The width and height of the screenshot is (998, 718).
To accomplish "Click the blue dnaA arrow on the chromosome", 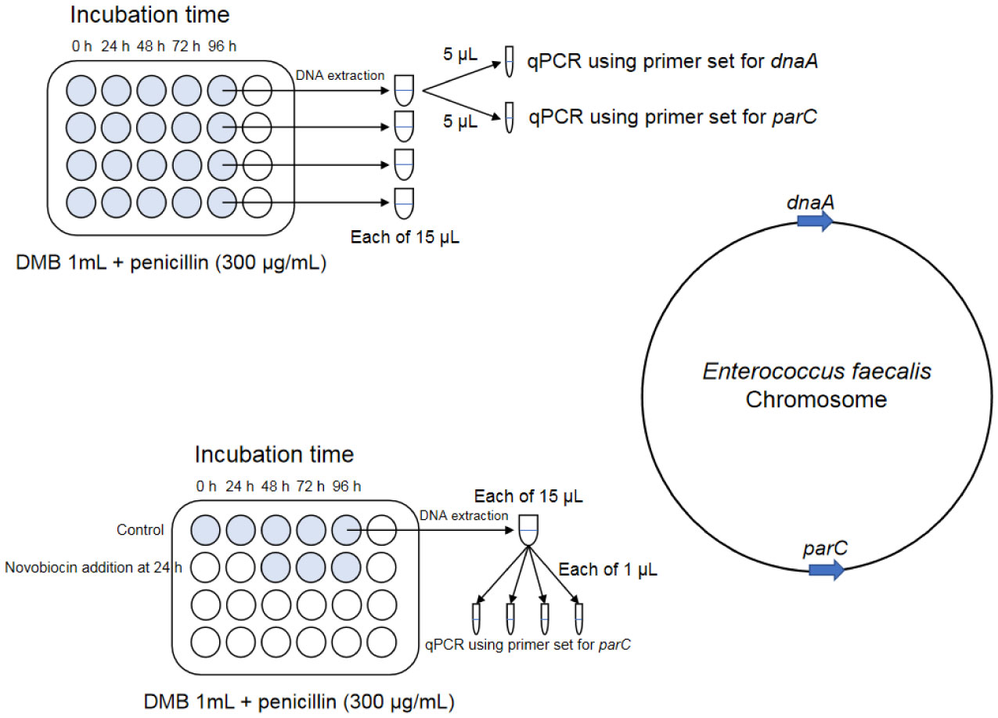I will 814,222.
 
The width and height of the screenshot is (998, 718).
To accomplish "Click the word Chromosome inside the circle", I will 816,399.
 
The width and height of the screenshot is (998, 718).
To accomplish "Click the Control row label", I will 141,530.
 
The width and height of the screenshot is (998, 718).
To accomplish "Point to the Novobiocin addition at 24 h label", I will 93,566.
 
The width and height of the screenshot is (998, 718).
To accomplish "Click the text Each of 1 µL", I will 607,570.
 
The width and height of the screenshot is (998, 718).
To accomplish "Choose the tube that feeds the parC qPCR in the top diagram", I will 509,117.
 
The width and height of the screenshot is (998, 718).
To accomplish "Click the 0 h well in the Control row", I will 206,530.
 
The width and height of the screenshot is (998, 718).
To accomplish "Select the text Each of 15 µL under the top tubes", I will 405,236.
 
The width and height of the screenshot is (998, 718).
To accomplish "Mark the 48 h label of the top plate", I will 150,46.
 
